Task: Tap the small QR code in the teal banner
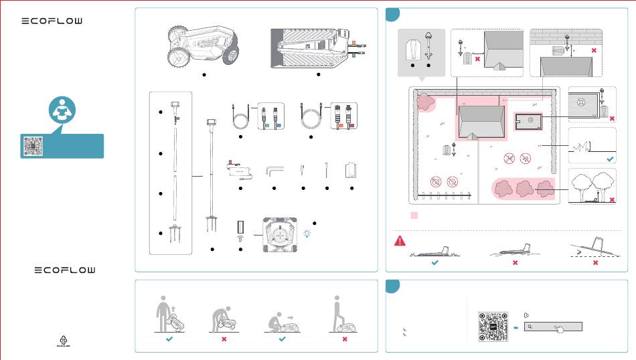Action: (33, 146)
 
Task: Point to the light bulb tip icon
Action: (307, 233)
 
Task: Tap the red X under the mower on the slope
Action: (595, 264)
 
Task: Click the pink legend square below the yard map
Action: (414, 215)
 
